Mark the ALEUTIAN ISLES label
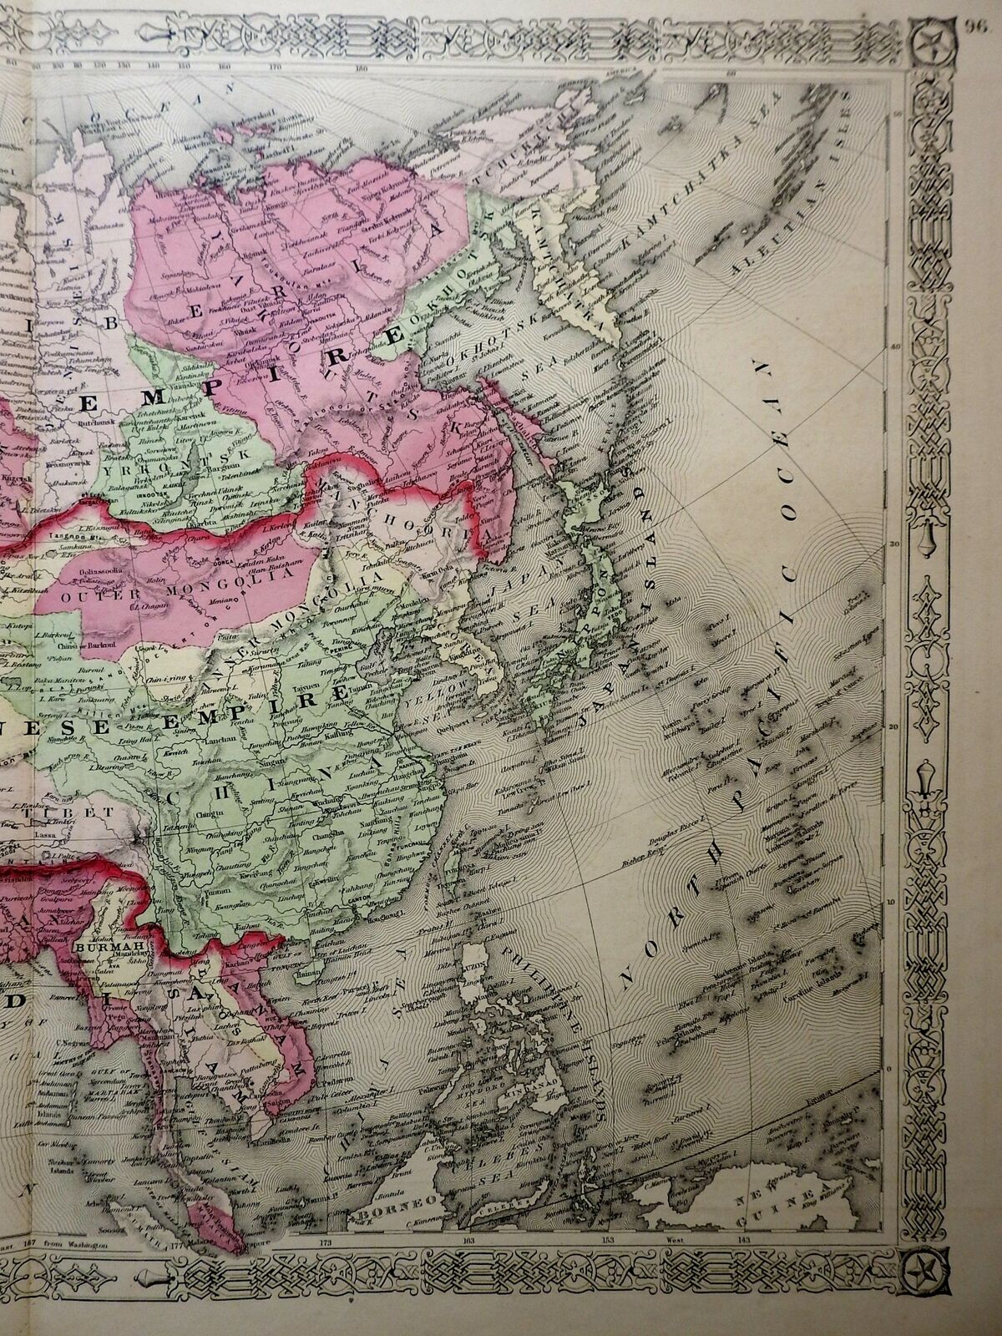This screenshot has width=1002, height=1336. [785, 225]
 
